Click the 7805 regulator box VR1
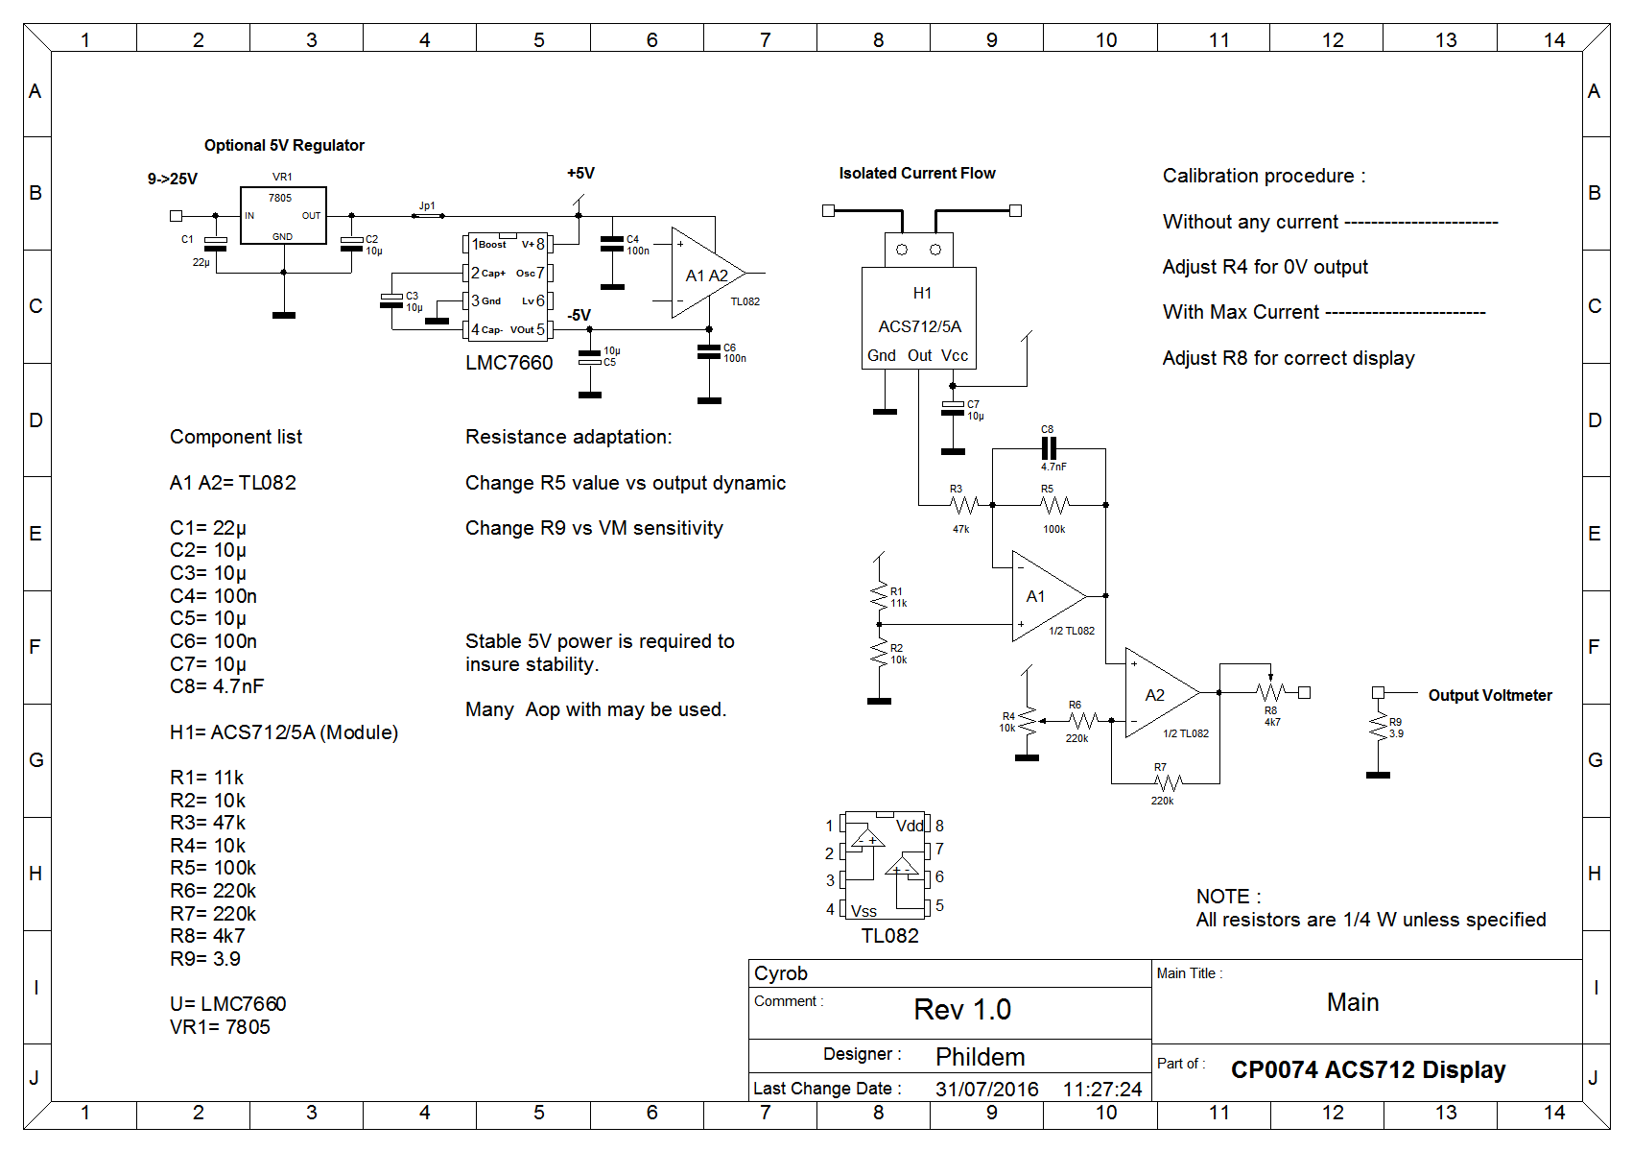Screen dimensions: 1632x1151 (283, 216)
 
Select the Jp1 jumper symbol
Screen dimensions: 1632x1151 (428, 216)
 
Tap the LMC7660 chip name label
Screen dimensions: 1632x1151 (509, 363)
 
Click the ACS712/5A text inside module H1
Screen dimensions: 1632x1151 (919, 326)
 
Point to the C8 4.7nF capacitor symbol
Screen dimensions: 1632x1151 (1049, 448)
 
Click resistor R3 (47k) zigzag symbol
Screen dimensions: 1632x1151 (964, 504)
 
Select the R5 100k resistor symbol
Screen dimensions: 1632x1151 (1054, 504)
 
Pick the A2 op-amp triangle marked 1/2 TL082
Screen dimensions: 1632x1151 (1162, 692)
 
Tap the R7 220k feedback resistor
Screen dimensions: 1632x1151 (1169, 783)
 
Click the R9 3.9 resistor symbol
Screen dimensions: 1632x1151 (1379, 728)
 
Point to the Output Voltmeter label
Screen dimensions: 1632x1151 (1490, 695)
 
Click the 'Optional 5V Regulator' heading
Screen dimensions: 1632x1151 (284, 145)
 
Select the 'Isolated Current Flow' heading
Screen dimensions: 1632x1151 (916, 174)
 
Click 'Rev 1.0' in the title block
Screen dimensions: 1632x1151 (962, 1010)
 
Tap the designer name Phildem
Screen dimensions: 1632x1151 (980, 1057)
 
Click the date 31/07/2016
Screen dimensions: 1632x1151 (986, 1089)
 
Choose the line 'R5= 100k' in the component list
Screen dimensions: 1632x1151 (213, 868)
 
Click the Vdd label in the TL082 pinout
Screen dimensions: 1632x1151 (910, 826)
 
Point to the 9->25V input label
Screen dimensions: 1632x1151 (172, 179)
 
